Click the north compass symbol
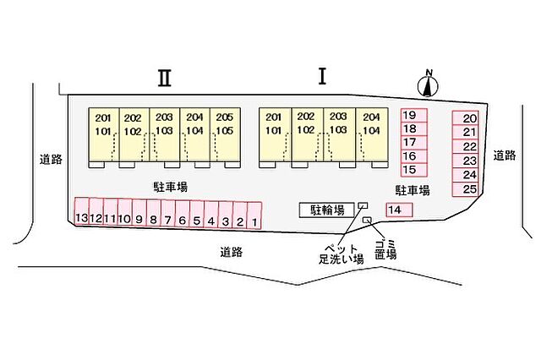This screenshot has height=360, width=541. (428, 85)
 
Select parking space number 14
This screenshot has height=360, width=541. (399, 210)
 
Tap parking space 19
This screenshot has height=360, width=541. (414, 115)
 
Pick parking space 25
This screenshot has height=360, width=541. (466, 189)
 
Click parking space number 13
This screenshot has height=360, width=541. (82, 212)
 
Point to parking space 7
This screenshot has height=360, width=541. (168, 214)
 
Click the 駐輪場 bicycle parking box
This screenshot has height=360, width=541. (327, 210)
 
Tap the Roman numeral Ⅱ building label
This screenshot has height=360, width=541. (165, 78)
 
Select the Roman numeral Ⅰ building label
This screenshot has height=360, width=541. (322, 77)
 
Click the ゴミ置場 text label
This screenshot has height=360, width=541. (385, 249)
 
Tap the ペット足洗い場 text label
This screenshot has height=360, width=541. (342, 254)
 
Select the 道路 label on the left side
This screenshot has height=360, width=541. (51, 160)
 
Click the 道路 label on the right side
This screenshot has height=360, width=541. (505, 155)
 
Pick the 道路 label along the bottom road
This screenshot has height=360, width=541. (232, 252)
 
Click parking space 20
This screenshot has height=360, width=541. (466, 118)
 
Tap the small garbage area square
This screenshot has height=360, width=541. (367, 220)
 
